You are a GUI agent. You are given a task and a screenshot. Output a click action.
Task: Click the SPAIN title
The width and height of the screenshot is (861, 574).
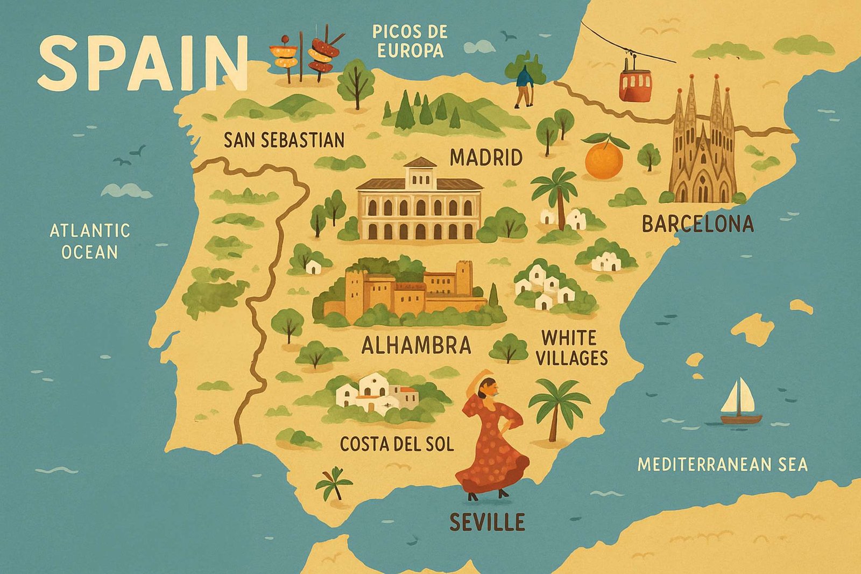143,63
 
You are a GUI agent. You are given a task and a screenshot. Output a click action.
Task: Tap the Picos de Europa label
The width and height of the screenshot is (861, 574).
410,41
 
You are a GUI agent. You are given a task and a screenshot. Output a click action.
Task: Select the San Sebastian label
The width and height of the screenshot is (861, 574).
284,140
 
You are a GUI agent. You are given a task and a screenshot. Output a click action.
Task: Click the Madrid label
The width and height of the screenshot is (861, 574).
486,158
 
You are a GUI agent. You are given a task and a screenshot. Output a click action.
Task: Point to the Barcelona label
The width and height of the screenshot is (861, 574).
697,224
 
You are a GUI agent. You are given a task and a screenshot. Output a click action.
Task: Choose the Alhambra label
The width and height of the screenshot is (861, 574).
416,345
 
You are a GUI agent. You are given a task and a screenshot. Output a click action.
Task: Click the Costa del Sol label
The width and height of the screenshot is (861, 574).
397,444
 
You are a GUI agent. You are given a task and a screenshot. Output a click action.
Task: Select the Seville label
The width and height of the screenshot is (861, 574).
486,522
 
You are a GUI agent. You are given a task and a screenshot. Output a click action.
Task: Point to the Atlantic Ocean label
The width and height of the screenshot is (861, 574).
89,241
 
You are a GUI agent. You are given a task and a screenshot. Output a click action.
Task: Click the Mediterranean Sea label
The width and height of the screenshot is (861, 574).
722,464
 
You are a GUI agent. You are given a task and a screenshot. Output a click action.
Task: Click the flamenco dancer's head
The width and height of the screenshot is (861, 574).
486,386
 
